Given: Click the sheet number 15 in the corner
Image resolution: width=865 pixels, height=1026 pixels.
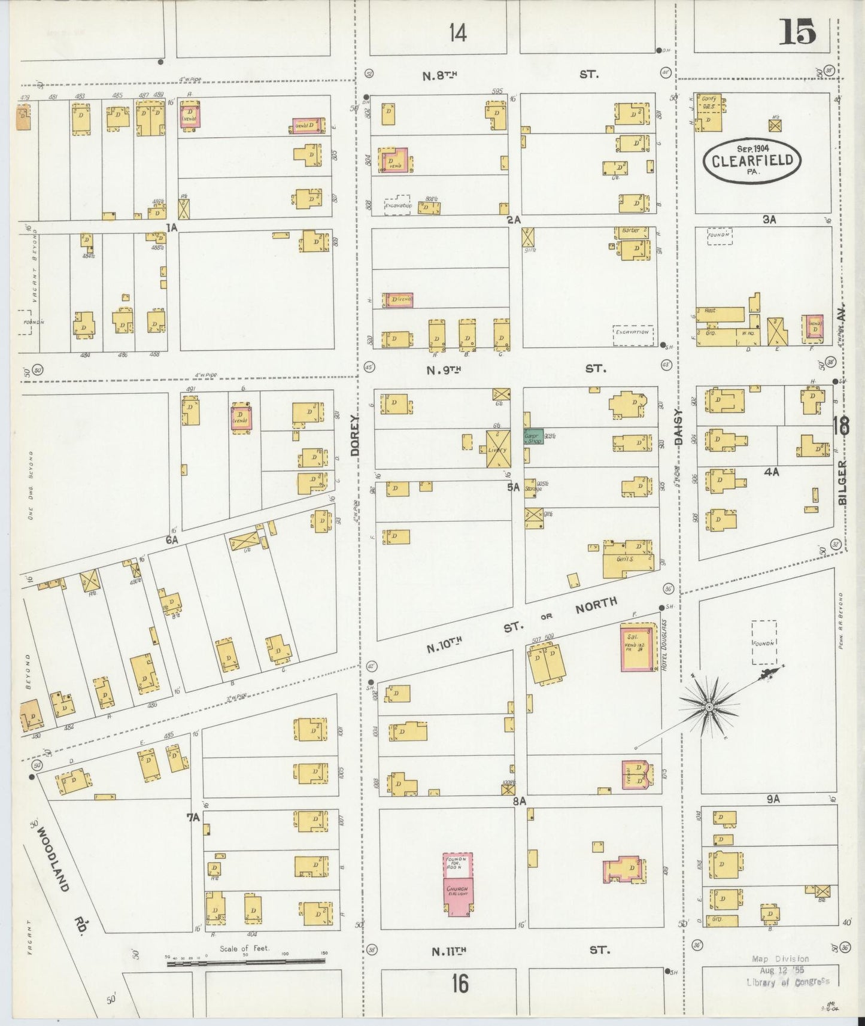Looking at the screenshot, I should pyautogui.click(x=798, y=32).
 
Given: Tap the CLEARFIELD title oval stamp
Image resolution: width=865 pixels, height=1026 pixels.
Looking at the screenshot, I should pyautogui.click(x=752, y=160).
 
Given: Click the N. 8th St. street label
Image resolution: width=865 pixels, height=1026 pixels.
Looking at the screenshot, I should pyautogui.click(x=441, y=75).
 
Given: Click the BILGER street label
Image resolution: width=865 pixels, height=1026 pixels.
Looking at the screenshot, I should pyautogui.click(x=842, y=482).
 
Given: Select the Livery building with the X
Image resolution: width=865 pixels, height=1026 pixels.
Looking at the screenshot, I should pyautogui.click(x=498, y=449).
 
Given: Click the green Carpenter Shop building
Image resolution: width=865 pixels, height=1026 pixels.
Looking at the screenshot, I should pyautogui.click(x=533, y=437).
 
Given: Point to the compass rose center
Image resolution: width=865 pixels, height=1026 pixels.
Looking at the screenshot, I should pyautogui.click(x=709, y=707).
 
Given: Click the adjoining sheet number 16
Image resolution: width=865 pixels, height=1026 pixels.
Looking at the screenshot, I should pyautogui.click(x=460, y=983).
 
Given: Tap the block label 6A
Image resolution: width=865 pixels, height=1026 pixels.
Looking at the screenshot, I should pyautogui.click(x=172, y=540).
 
